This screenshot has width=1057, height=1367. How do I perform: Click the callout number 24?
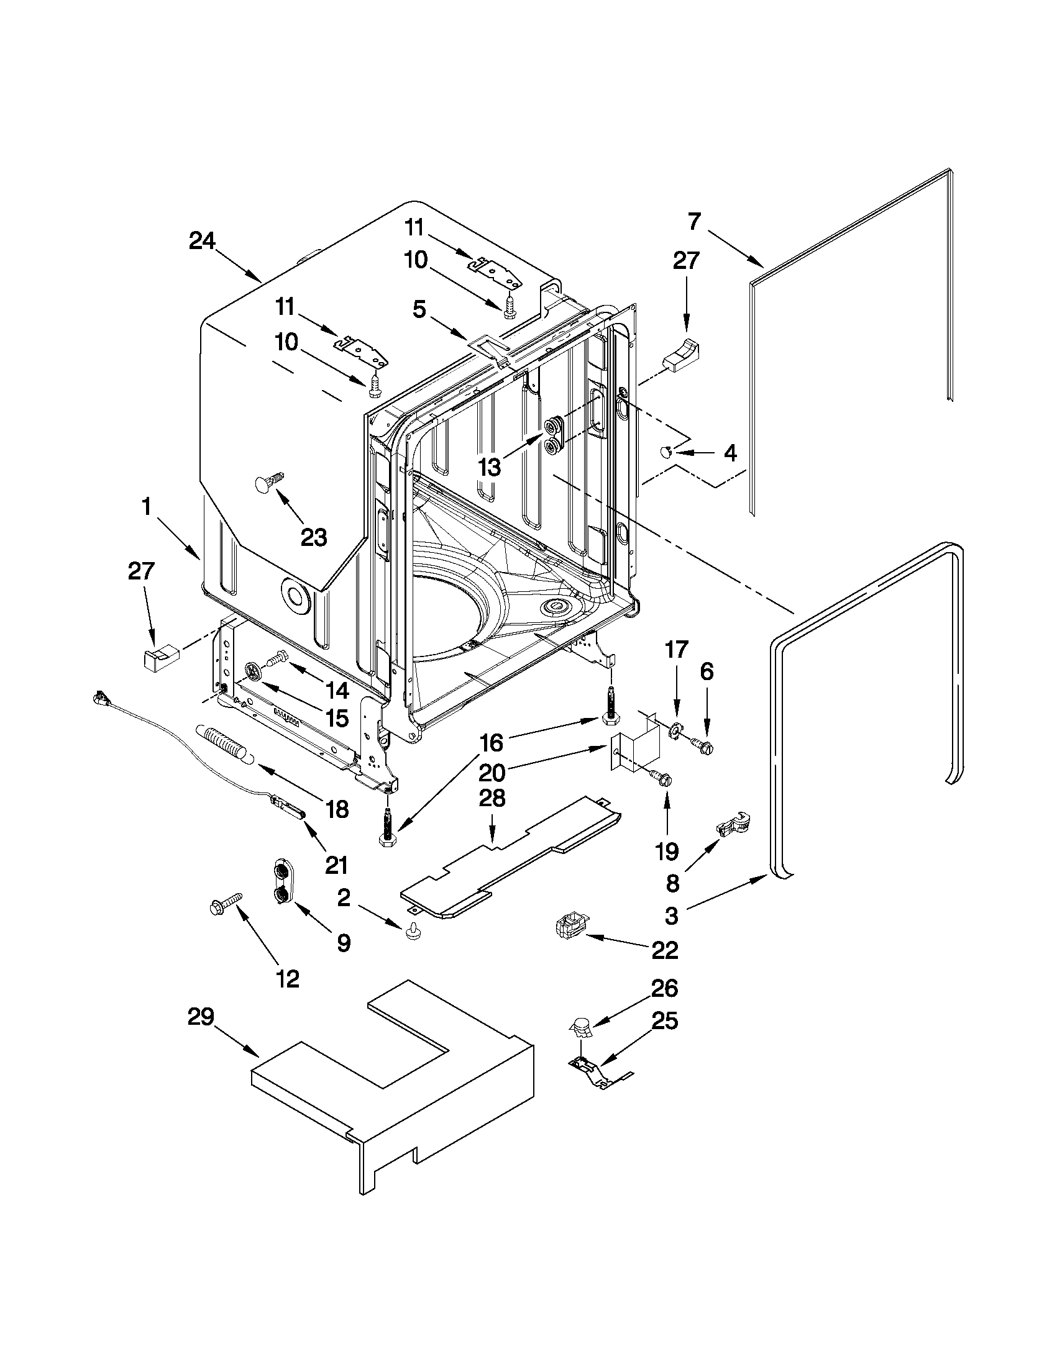pyautogui.click(x=202, y=241)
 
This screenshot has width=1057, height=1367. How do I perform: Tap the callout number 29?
pyautogui.click(x=200, y=1017)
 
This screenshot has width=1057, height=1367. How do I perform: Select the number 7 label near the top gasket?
pyautogui.click(x=695, y=221)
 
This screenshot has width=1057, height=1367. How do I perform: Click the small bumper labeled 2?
pyautogui.click(x=412, y=933)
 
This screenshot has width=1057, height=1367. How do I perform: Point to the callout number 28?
pyautogui.click(x=492, y=799)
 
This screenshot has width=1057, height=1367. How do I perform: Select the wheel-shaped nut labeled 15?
pyautogui.click(x=252, y=671)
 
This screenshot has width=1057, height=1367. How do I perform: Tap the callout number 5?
pyautogui.click(x=419, y=309)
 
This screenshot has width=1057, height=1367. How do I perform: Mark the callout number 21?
pyautogui.click(x=336, y=865)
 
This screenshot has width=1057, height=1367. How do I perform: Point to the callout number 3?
pyautogui.click(x=671, y=915)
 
